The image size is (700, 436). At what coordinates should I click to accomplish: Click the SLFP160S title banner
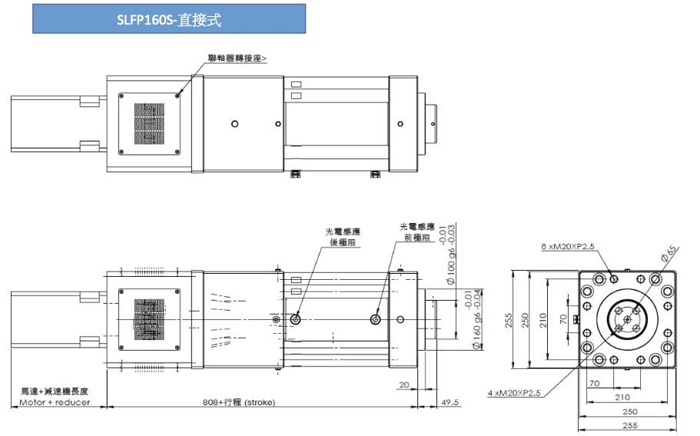click(169, 20)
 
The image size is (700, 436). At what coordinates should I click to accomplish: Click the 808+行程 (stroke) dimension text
click(238, 402)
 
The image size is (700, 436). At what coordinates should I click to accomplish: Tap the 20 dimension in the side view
click(404, 384)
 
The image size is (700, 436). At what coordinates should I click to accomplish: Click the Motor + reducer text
click(55, 402)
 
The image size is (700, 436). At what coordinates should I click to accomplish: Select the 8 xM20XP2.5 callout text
click(568, 247)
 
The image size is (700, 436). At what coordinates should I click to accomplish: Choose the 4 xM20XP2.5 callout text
click(514, 393)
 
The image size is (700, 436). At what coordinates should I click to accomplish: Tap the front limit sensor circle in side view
click(375, 318)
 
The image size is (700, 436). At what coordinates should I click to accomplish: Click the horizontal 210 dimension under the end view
click(623, 398)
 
